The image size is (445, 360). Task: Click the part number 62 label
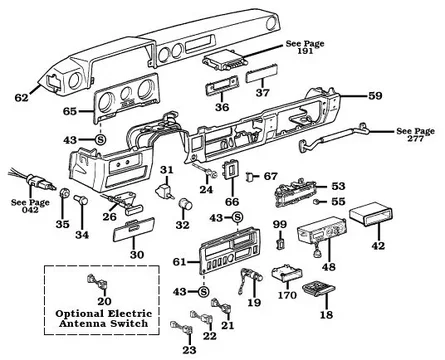pos(22,98)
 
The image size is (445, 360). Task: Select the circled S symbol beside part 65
pos(101,140)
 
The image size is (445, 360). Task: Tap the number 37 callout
pos(263,92)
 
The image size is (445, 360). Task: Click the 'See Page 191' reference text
pos(305,47)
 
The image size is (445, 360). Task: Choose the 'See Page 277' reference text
pos(415,135)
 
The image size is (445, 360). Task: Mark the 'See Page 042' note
pos(30,206)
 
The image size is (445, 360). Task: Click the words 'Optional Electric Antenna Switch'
pos(103,318)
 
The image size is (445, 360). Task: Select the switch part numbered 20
pos(98,282)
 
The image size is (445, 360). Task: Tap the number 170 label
pos(287,295)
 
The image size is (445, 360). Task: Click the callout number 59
pos(375,96)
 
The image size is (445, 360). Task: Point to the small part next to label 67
pos(250,177)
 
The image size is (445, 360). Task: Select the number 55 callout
pos(338,202)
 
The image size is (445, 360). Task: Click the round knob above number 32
pos(185,204)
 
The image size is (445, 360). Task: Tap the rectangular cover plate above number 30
pos(133,230)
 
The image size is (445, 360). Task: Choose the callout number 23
pos(189,350)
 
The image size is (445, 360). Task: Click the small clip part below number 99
pos(280,244)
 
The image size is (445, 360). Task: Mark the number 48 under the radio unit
pos(329,267)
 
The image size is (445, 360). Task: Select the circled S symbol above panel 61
pos(238,218)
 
